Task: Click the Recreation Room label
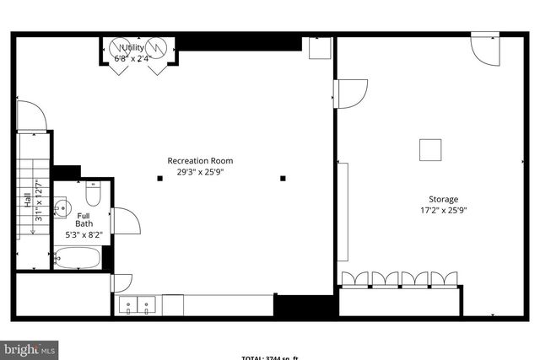[200, 160]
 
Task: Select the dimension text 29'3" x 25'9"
[200, 172]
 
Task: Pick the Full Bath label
[84, 219]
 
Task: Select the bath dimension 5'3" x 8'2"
[84, 235]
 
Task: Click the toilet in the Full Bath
[93, 196]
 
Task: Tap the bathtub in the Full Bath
[78, 257]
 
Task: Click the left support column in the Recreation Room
[159, 178]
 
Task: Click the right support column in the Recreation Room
[283, 178]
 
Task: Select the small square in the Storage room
[431, 149]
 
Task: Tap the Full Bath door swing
[125, 221]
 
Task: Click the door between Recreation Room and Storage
[350, 92]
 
